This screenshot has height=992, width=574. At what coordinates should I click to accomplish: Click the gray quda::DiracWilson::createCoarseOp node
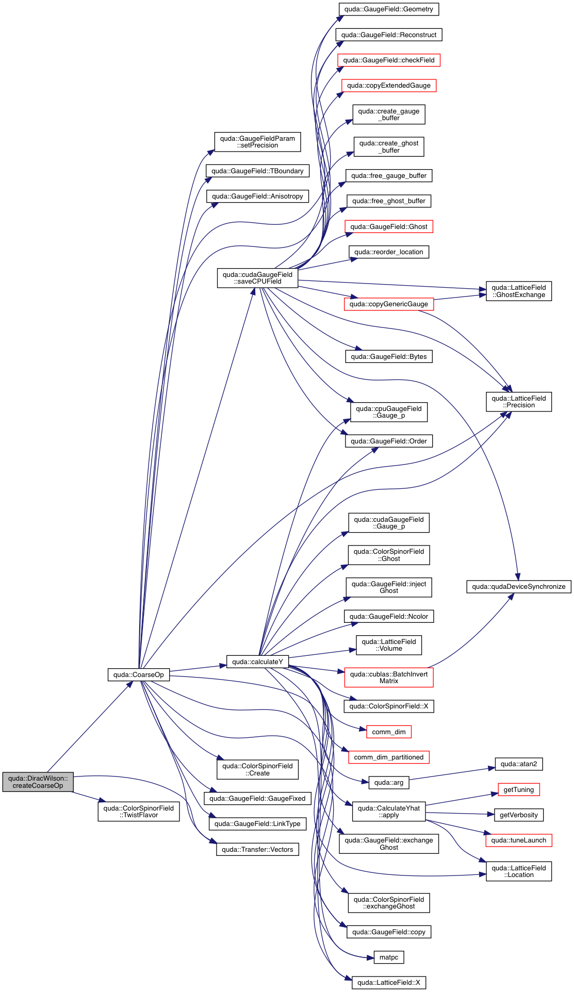coord(38,782)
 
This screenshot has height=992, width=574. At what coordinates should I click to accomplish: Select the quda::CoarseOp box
coord(138,674)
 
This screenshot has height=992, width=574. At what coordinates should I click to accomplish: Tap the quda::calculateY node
coord(257,662)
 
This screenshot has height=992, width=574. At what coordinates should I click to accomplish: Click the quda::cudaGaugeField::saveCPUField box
coord(257,278)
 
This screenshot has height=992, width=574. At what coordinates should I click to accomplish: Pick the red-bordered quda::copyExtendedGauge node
coord(389,86)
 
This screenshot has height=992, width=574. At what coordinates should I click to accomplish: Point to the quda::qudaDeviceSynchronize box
coord(518,586)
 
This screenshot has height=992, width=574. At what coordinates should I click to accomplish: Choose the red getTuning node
coord(518,789)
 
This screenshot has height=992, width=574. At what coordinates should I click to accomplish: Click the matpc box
coord(389,957)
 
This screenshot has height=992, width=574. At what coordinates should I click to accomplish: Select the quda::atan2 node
coord(518,764)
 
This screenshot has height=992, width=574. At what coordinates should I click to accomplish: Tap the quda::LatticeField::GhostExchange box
coord(518,291)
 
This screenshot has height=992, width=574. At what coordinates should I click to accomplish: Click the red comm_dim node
coord(389,732)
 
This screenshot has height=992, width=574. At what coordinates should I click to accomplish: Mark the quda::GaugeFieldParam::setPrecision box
coord(257,142)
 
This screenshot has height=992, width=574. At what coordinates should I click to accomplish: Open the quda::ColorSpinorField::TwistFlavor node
coord(138,812)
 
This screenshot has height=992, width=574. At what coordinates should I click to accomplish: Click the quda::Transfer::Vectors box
coord(257,849)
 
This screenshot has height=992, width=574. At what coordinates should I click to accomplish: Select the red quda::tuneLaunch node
coord(518,840)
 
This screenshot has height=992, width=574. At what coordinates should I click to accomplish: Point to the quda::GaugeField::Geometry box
coord(389,9)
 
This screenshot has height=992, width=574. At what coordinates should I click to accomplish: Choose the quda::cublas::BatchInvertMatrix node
coord(389,677)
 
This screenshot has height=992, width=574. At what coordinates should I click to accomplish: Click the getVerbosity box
coord(518,815)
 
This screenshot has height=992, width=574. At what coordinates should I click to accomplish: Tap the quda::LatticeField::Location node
coord(518,871)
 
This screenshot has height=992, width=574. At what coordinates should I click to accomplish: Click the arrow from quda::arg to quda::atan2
coord(449,774)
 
